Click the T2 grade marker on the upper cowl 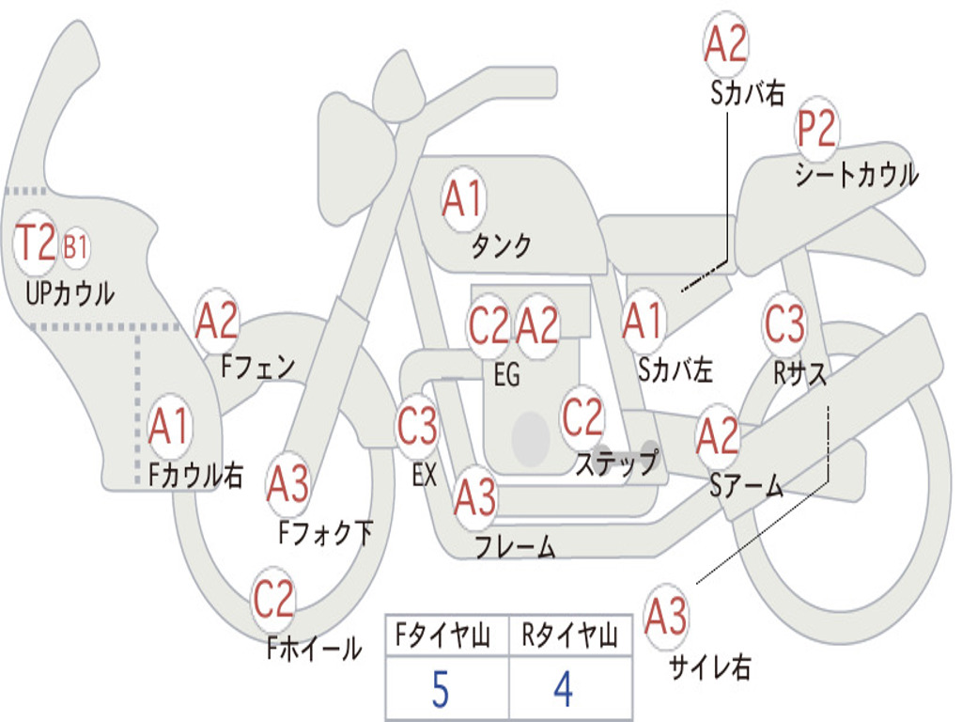click(x=35, y=243)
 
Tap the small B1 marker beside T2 click(x=75, y=247)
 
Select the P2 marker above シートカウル click(x=816, y=129)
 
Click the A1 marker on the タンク click(x=464, y=199)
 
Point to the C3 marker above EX click(x=418, y=426)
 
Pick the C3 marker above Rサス click(x=784, y=323)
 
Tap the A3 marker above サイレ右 click(x=666, y=616)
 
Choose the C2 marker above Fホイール click(x=273, y=599)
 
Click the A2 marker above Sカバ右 click(x=726, y=44)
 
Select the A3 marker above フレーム click(x=475, y=496)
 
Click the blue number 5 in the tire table click(x=441, y=689)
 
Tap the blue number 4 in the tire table click(x=564, y=689)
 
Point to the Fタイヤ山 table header click(x=443, y=635)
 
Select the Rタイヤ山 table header click(x=570, y=635)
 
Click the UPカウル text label click(x=70, y=293)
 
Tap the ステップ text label click(x=617, y=463)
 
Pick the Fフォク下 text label click(x=326, y=532)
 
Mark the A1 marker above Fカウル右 click(x=170, y=426)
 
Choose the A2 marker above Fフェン click(x=217, y=322)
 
